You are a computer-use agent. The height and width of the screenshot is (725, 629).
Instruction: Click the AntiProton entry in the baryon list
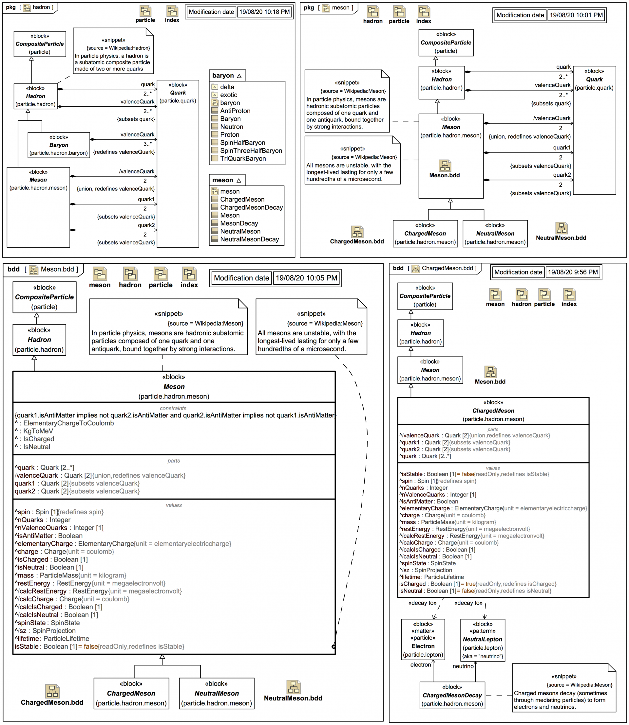tap(235, 111)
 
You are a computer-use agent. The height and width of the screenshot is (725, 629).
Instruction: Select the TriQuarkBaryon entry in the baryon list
tap(242, 158)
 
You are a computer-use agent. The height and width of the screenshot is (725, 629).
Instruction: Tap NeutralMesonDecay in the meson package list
tap(249, 239)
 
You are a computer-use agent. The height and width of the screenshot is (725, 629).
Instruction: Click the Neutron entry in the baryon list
tap(231, 127)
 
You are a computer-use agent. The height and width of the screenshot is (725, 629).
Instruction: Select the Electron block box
tap(423, 639)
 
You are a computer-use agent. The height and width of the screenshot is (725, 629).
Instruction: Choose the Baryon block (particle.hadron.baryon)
tap(59, 145)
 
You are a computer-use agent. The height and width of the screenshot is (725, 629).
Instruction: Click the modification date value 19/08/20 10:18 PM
tap(264, 12)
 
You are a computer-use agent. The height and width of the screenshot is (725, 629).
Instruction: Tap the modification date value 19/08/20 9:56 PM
tap(573, 272)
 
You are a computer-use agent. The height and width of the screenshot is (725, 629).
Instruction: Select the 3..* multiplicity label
tap(147, 144)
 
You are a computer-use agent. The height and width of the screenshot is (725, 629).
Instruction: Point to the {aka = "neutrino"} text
tap(482, 656)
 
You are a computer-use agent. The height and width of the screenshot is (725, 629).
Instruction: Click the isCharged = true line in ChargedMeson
tap(477, 584)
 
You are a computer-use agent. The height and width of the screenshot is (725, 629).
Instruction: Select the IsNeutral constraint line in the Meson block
tap(36, 447)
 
